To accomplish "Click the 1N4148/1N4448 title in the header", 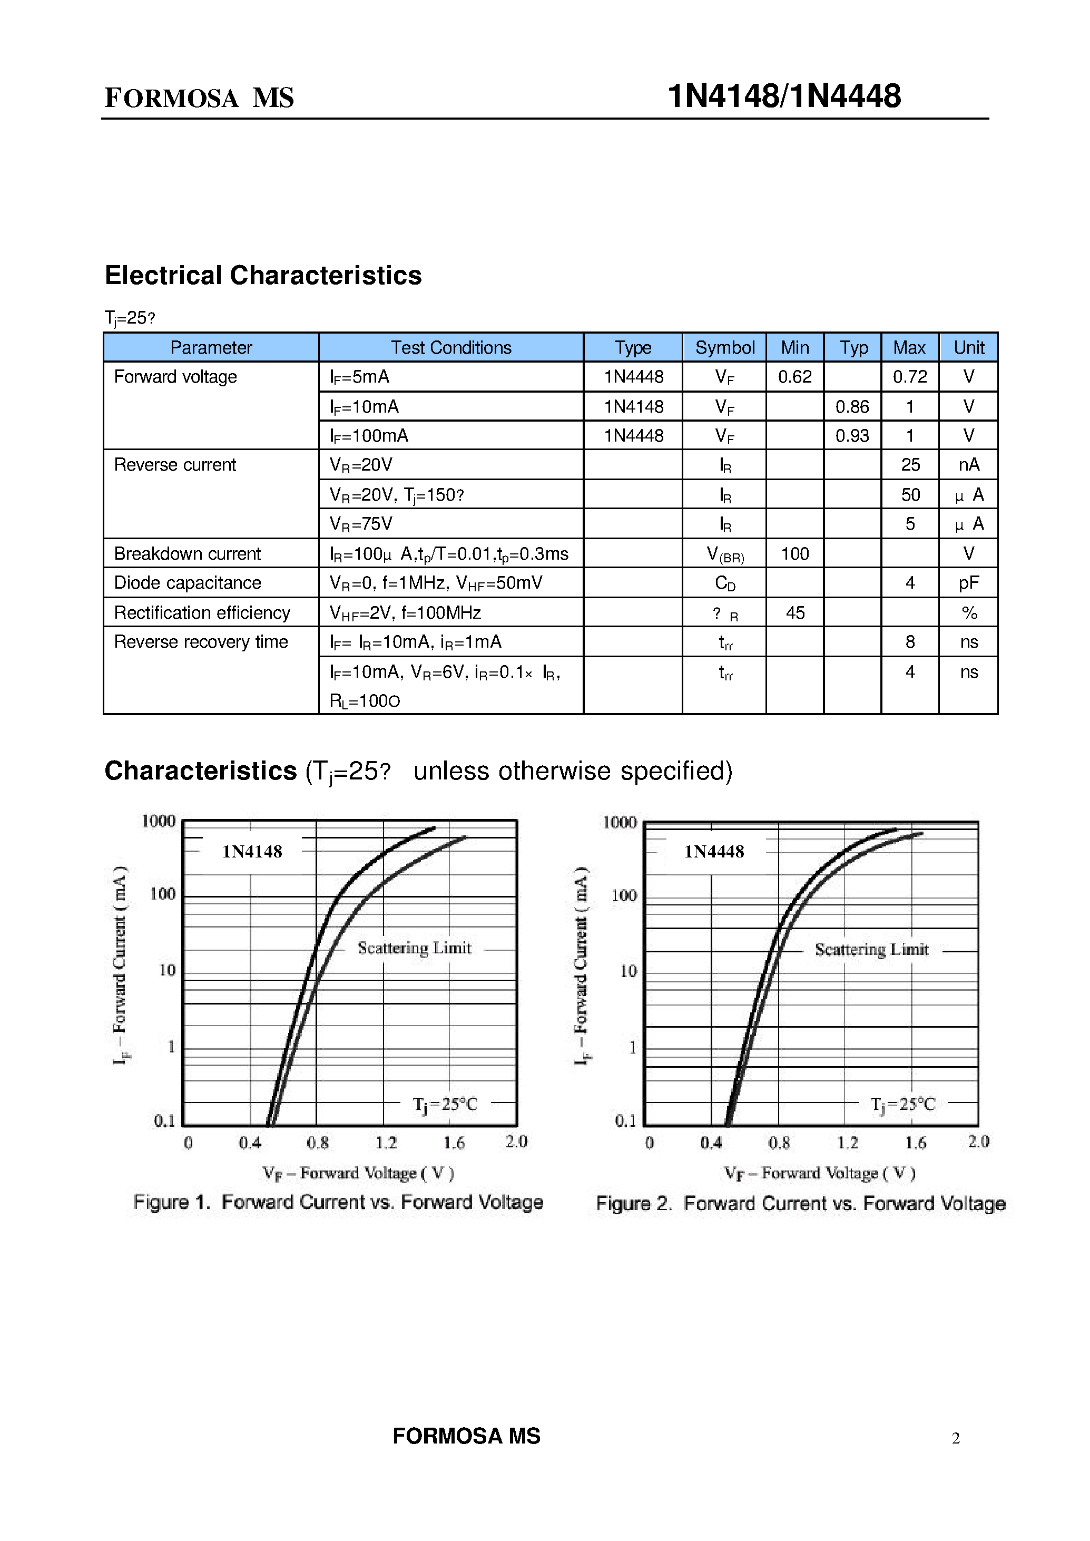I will tap(783, 96).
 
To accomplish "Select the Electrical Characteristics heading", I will tap(263, 275).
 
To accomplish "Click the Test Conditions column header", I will tap(451, 348).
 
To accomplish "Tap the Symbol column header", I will tap(725, 348).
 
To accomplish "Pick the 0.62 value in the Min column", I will tap(794, 377).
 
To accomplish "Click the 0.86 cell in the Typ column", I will tap(852, 407).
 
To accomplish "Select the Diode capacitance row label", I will tap(187, 583).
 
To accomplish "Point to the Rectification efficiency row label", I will tap(202, 612).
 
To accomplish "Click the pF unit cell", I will tap(968, 583).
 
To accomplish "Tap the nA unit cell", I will tap(968, 465).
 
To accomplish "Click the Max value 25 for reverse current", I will tap(910, 465).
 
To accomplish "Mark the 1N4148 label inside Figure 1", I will tap(252, 852).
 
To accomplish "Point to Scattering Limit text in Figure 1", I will tap(414, 948).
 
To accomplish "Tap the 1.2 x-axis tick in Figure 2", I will tap(848, 1142).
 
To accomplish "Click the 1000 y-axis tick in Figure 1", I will tap(159, 821).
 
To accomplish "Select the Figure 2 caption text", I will tap(801, 1203).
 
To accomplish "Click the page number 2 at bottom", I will tap(956, 1438).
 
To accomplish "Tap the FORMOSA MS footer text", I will tap(466, 1436).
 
